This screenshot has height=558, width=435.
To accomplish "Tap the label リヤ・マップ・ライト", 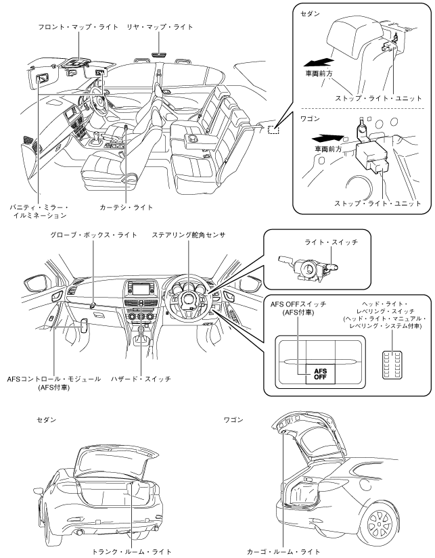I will [158, 27].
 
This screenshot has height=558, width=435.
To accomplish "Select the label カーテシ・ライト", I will [126, 207].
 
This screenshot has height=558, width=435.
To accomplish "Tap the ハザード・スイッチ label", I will [141, 379].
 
